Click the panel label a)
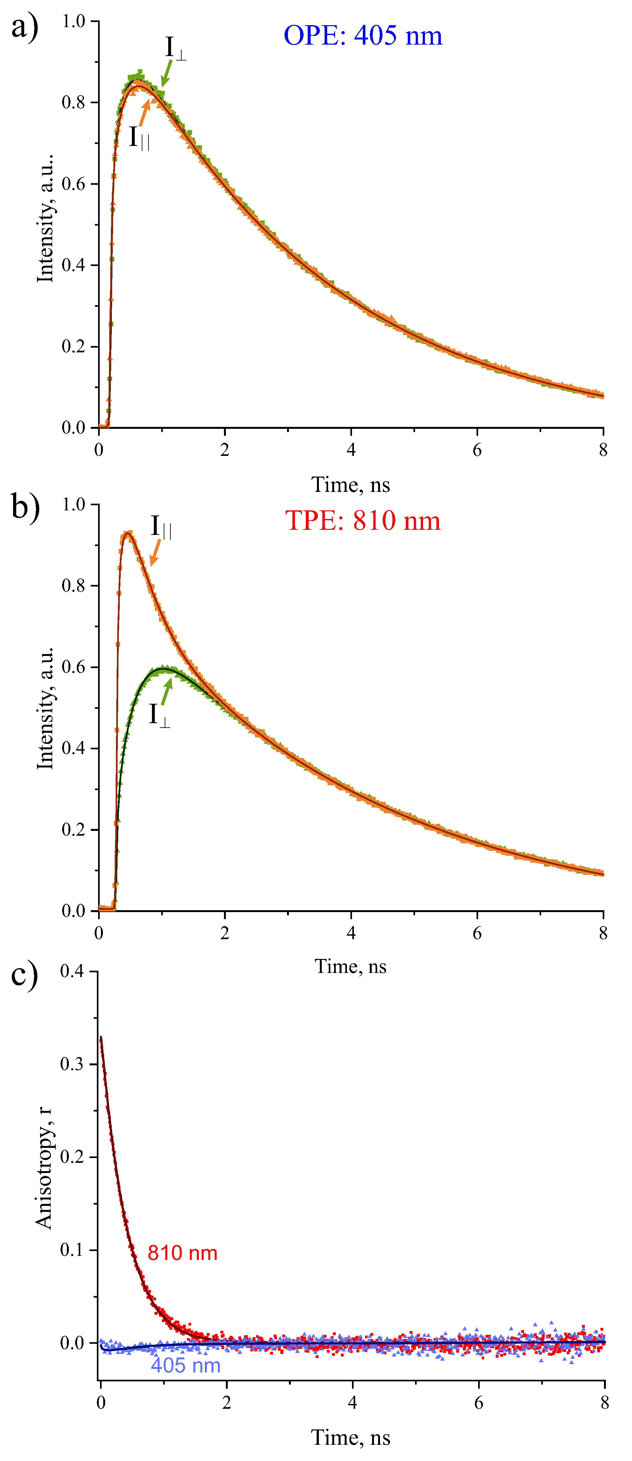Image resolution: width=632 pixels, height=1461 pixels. point(25,27)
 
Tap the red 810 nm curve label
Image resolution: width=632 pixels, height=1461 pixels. point(182,1253)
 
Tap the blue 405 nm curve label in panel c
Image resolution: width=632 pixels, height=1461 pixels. point(185,1365)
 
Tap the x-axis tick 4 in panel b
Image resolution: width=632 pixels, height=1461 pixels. point(351,933)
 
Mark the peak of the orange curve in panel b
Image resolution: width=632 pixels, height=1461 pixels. point(128,533)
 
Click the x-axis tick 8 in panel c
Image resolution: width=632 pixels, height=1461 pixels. point(604,1403)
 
